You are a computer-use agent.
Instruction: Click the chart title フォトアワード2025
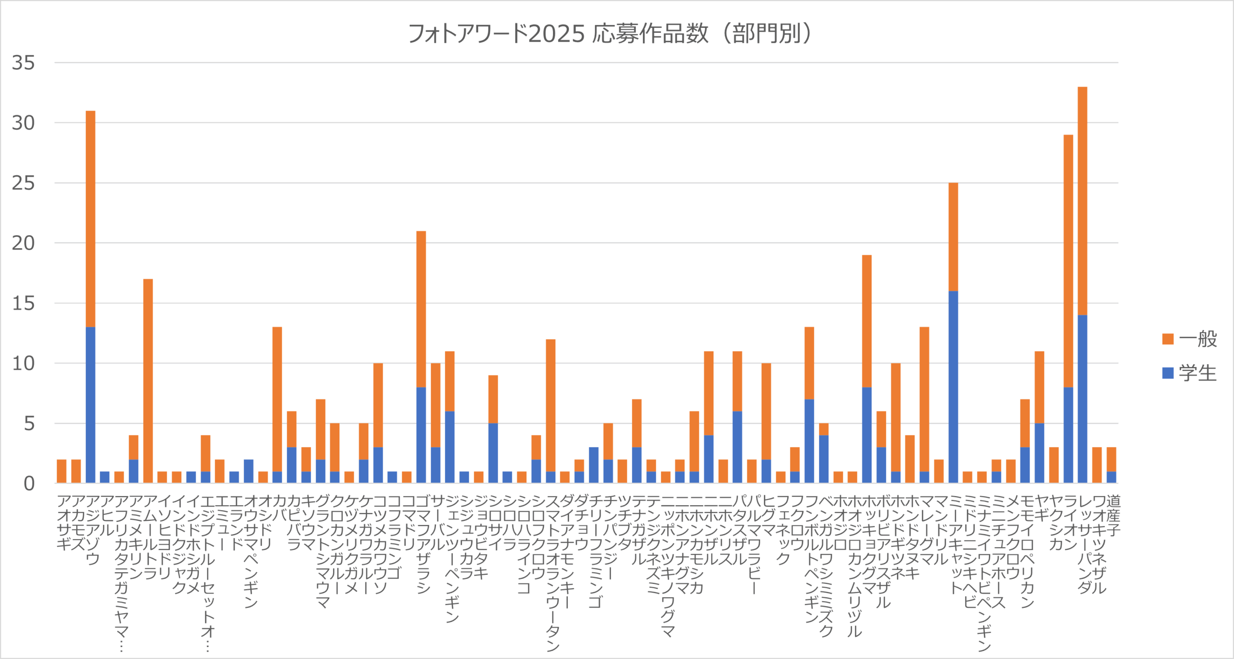pyautogui.click(x=610, y=34)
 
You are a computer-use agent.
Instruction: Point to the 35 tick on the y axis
pyautogui.click(x=24, y=63)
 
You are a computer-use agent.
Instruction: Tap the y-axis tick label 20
pyautogui.click(x=24, y=243)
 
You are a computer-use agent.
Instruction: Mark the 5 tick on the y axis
pyautogui.click(x=29, y=424)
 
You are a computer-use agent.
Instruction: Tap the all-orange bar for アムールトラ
pyautogui.click(x=148, y=381)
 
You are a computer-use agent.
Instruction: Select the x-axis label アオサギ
pyautogui.click(x=62, y=523)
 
